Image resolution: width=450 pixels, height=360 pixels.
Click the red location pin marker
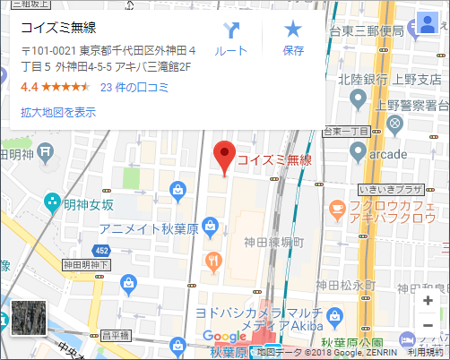(x=226, y=156)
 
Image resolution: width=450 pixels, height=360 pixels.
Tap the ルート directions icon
(x=231, y=31)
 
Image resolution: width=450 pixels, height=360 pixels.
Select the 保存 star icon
(x=293, y=31)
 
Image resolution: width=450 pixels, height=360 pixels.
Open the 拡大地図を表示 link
(x=58, y=112)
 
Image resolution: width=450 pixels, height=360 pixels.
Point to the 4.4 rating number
(x=30, y=88)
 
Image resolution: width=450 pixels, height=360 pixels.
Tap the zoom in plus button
(x=428, y=300)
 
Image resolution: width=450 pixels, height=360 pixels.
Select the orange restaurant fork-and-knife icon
(x=212, y=261)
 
